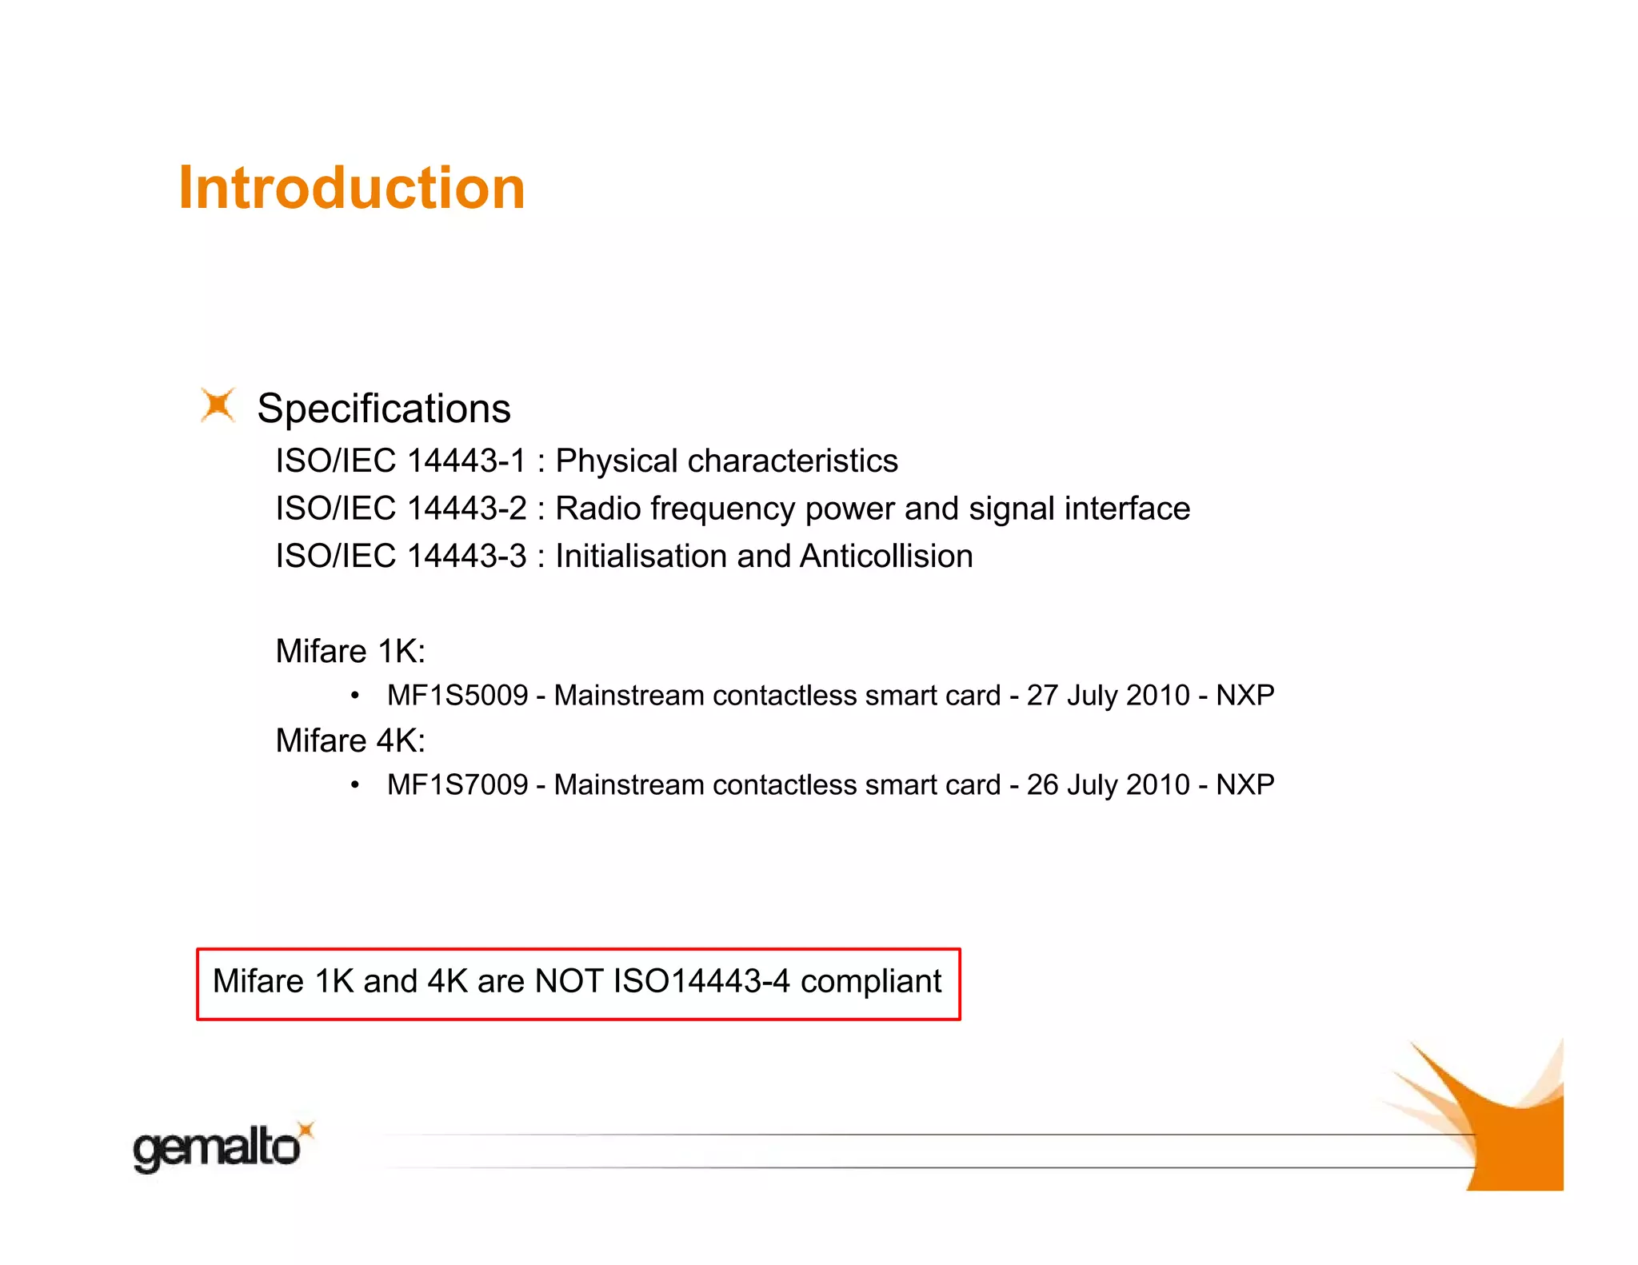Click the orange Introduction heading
351,189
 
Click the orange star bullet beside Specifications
218,405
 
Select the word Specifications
383,409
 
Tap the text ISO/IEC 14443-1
401,461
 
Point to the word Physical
617,461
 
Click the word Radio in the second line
597,509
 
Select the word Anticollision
885,557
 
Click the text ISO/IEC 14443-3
401,557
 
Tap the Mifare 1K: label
350,652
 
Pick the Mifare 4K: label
350,741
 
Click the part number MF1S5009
457,696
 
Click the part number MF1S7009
457,785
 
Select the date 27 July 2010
1108,696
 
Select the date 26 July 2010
1108,785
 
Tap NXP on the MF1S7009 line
1244,785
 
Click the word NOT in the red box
569,982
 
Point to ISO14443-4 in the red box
701,982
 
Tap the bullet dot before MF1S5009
354,696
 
